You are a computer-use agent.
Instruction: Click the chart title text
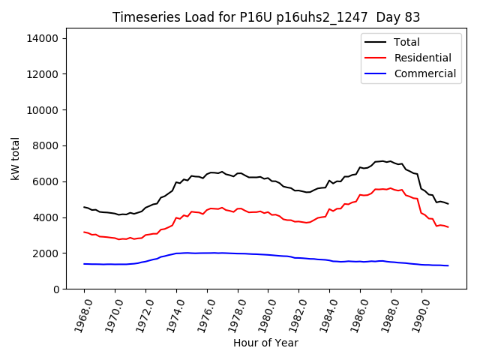point(265,17)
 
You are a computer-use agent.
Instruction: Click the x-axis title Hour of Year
point(265,343)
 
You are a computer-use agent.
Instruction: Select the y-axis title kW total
point(15,158)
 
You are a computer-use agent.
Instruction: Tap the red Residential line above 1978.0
point(238,208)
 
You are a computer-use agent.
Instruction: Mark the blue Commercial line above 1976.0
point(207,253)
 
